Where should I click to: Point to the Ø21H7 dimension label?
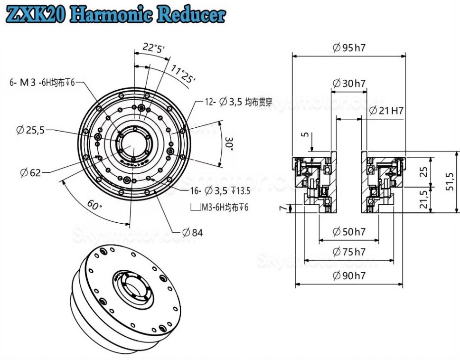coord(386,111)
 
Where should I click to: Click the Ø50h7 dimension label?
coord(349,232)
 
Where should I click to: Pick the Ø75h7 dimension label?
coord(349,251)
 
